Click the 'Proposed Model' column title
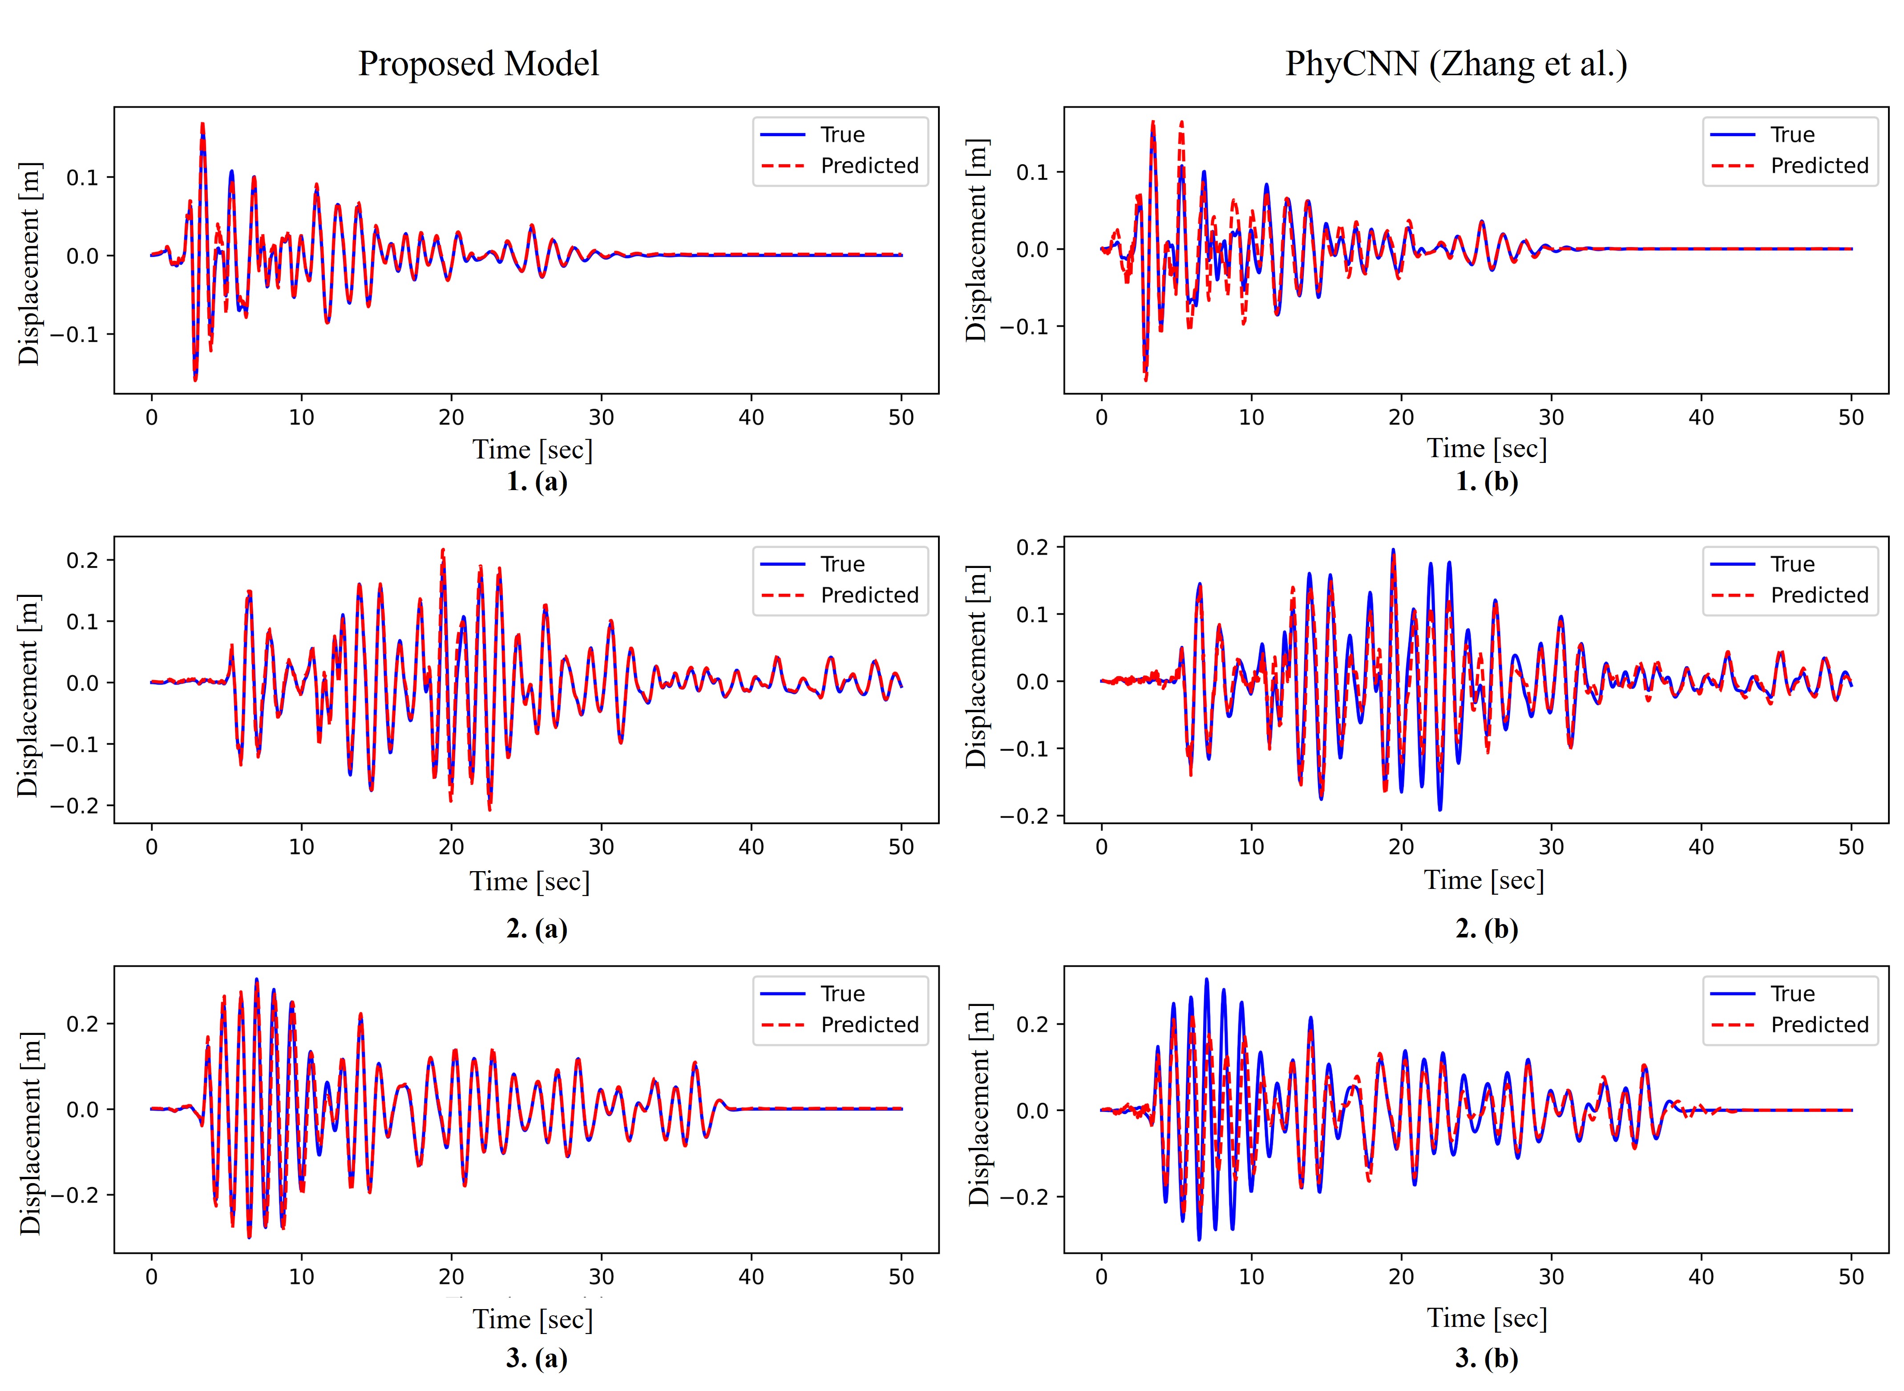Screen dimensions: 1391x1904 [478, 64]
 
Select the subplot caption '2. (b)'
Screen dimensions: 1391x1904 [1487, 928]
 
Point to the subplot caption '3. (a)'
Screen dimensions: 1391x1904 [537, 1358]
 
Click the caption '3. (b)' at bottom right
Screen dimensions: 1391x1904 [1487, 1358]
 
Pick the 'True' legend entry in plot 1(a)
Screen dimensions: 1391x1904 [842, 135]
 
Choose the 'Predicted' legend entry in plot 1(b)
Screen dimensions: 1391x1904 [1819, 166]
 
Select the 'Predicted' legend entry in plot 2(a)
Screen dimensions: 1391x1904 [869, 595]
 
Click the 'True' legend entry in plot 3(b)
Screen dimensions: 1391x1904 [1792, 994]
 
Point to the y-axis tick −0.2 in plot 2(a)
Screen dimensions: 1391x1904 [74, 806]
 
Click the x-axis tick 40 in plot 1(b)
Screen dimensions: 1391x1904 [1701, 418]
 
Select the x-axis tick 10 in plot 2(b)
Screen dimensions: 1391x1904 [1251, 847]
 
